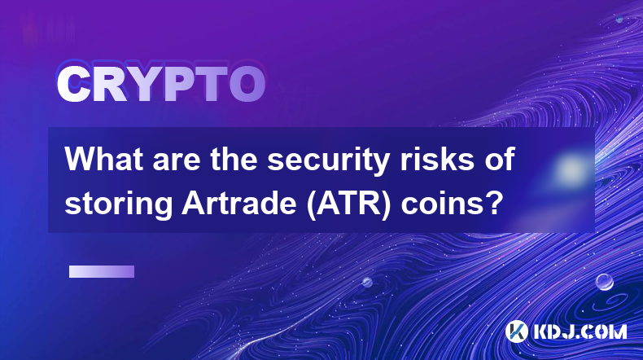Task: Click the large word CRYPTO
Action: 161,84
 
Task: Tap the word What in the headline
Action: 104,159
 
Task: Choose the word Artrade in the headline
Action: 239,203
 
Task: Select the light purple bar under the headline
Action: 102,272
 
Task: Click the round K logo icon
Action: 517,331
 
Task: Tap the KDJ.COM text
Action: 580,331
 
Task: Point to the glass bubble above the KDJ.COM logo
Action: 605,282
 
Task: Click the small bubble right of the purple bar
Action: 367,283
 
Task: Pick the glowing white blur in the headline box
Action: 571,169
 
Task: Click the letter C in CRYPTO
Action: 73,85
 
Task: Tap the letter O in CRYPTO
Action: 247,85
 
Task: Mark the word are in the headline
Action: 177,162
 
